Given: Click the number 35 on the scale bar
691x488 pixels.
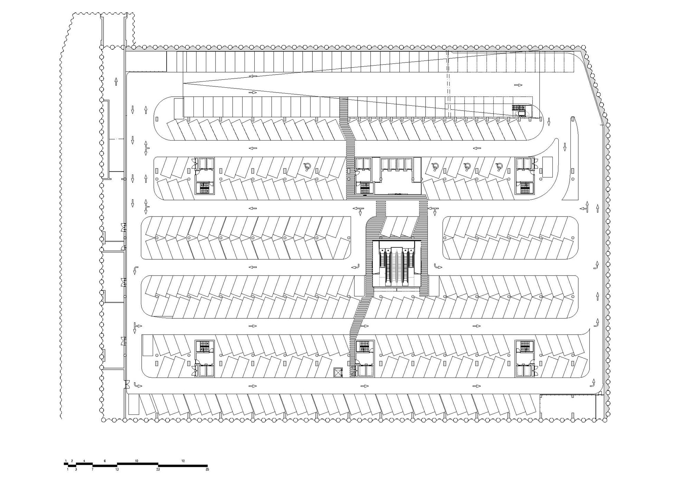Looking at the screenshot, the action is tap(207, 470).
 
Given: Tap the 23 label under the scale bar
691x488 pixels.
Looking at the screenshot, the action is tap(158, 470).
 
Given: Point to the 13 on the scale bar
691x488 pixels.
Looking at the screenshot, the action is tap(117, 470).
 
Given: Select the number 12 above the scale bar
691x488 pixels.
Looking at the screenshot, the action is tap(183, 461).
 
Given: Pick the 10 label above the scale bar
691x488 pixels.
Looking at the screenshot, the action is tap(137, 461).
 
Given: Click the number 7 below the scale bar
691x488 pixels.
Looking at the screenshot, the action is tap(93, 470).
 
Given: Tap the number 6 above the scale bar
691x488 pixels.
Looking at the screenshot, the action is tap(105, 461).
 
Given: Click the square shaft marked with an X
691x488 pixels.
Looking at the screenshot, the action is tap(337, 373).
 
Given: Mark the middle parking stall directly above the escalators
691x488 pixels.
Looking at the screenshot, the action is tap(397, 227).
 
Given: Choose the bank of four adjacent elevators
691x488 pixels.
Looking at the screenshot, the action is tap(397, 164).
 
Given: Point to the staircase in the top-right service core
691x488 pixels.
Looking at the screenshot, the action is tap(524, 188).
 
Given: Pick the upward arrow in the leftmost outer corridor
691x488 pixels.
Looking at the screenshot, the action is tap(116, 81).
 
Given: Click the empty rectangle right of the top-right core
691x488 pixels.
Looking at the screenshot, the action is tap(547, 167).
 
